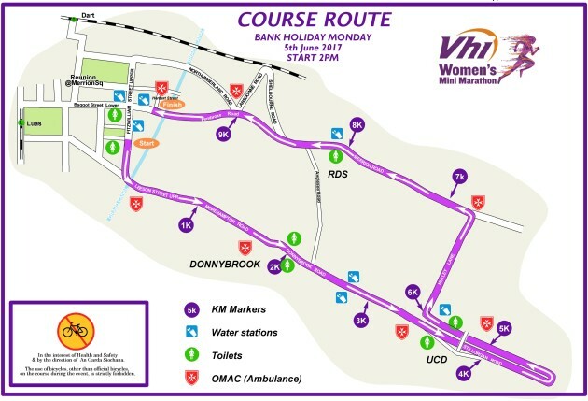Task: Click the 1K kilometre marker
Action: pyautogui.click(x=186, y=224)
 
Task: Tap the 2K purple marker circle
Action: pyautogui.click(x=275, y=266)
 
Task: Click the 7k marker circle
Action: pyautogui.click(x=458, y=176)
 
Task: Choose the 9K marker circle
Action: pyautogui.click(x=224, y=134)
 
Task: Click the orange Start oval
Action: pyautogui.click(x=147, y=144)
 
